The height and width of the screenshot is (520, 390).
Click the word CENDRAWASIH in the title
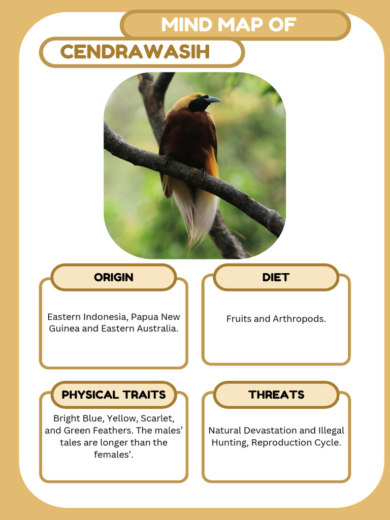tap(135, 52)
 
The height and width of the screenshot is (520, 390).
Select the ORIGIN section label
tap(114, 277)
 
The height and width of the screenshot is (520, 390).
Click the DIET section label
tap(276, 277)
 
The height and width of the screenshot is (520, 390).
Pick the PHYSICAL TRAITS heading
tap(114, 395)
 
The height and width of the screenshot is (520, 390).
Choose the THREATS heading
tap(276, 395)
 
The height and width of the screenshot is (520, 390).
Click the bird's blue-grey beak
tap(213, 100)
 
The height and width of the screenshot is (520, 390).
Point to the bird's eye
tap(198, 96)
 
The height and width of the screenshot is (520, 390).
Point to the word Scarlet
tap(157, 418)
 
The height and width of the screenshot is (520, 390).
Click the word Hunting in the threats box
tap(229, 442)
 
